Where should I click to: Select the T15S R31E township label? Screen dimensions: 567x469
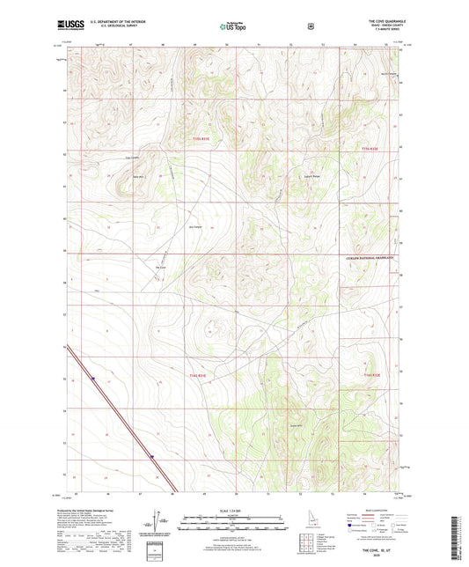pyautogui.click(x=203, y=138)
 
